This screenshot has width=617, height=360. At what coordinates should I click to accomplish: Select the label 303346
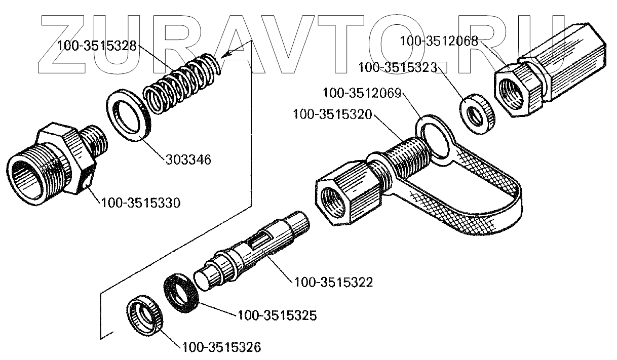pos(187,159)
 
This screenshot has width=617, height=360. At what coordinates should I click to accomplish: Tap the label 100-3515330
pos(140,203)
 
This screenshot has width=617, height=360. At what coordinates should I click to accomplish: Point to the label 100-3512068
pos(439,41)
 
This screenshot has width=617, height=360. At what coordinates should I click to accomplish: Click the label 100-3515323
pos(398,67)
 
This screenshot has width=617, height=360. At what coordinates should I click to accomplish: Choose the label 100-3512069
pos(362,94)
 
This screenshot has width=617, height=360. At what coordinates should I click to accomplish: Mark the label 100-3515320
pos(332,114)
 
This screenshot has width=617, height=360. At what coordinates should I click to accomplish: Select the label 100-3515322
pos(333,282)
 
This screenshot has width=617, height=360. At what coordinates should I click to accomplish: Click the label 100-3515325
pos(277,316)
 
